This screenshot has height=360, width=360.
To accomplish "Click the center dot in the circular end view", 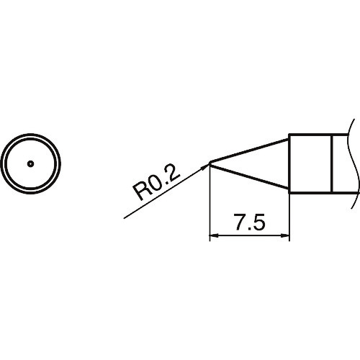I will coord(30,163).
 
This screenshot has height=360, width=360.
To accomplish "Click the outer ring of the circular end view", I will coord(30,135).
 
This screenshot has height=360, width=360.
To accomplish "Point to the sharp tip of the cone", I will coord(210,163).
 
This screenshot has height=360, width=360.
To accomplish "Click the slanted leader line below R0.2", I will coord(158,194).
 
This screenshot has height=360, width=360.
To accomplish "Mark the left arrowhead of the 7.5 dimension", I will coord(214,235).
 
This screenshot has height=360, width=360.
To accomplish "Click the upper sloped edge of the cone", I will coord(252,148).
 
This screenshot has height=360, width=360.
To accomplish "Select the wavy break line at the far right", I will coord(354,158).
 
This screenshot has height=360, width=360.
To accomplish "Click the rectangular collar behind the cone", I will coord(310,163).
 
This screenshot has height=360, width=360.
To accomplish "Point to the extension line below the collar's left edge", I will coord(289,216).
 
